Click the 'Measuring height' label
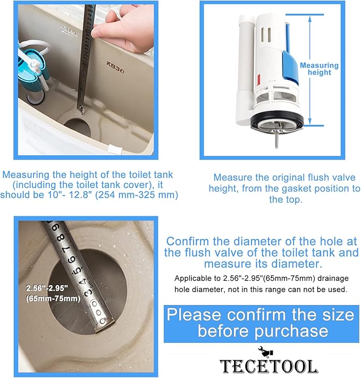[319, 69]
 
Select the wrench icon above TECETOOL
[264, 351]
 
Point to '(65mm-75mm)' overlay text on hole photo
[53, 298]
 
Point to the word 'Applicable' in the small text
[194, 278]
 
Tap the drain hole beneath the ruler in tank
[79, 126]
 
